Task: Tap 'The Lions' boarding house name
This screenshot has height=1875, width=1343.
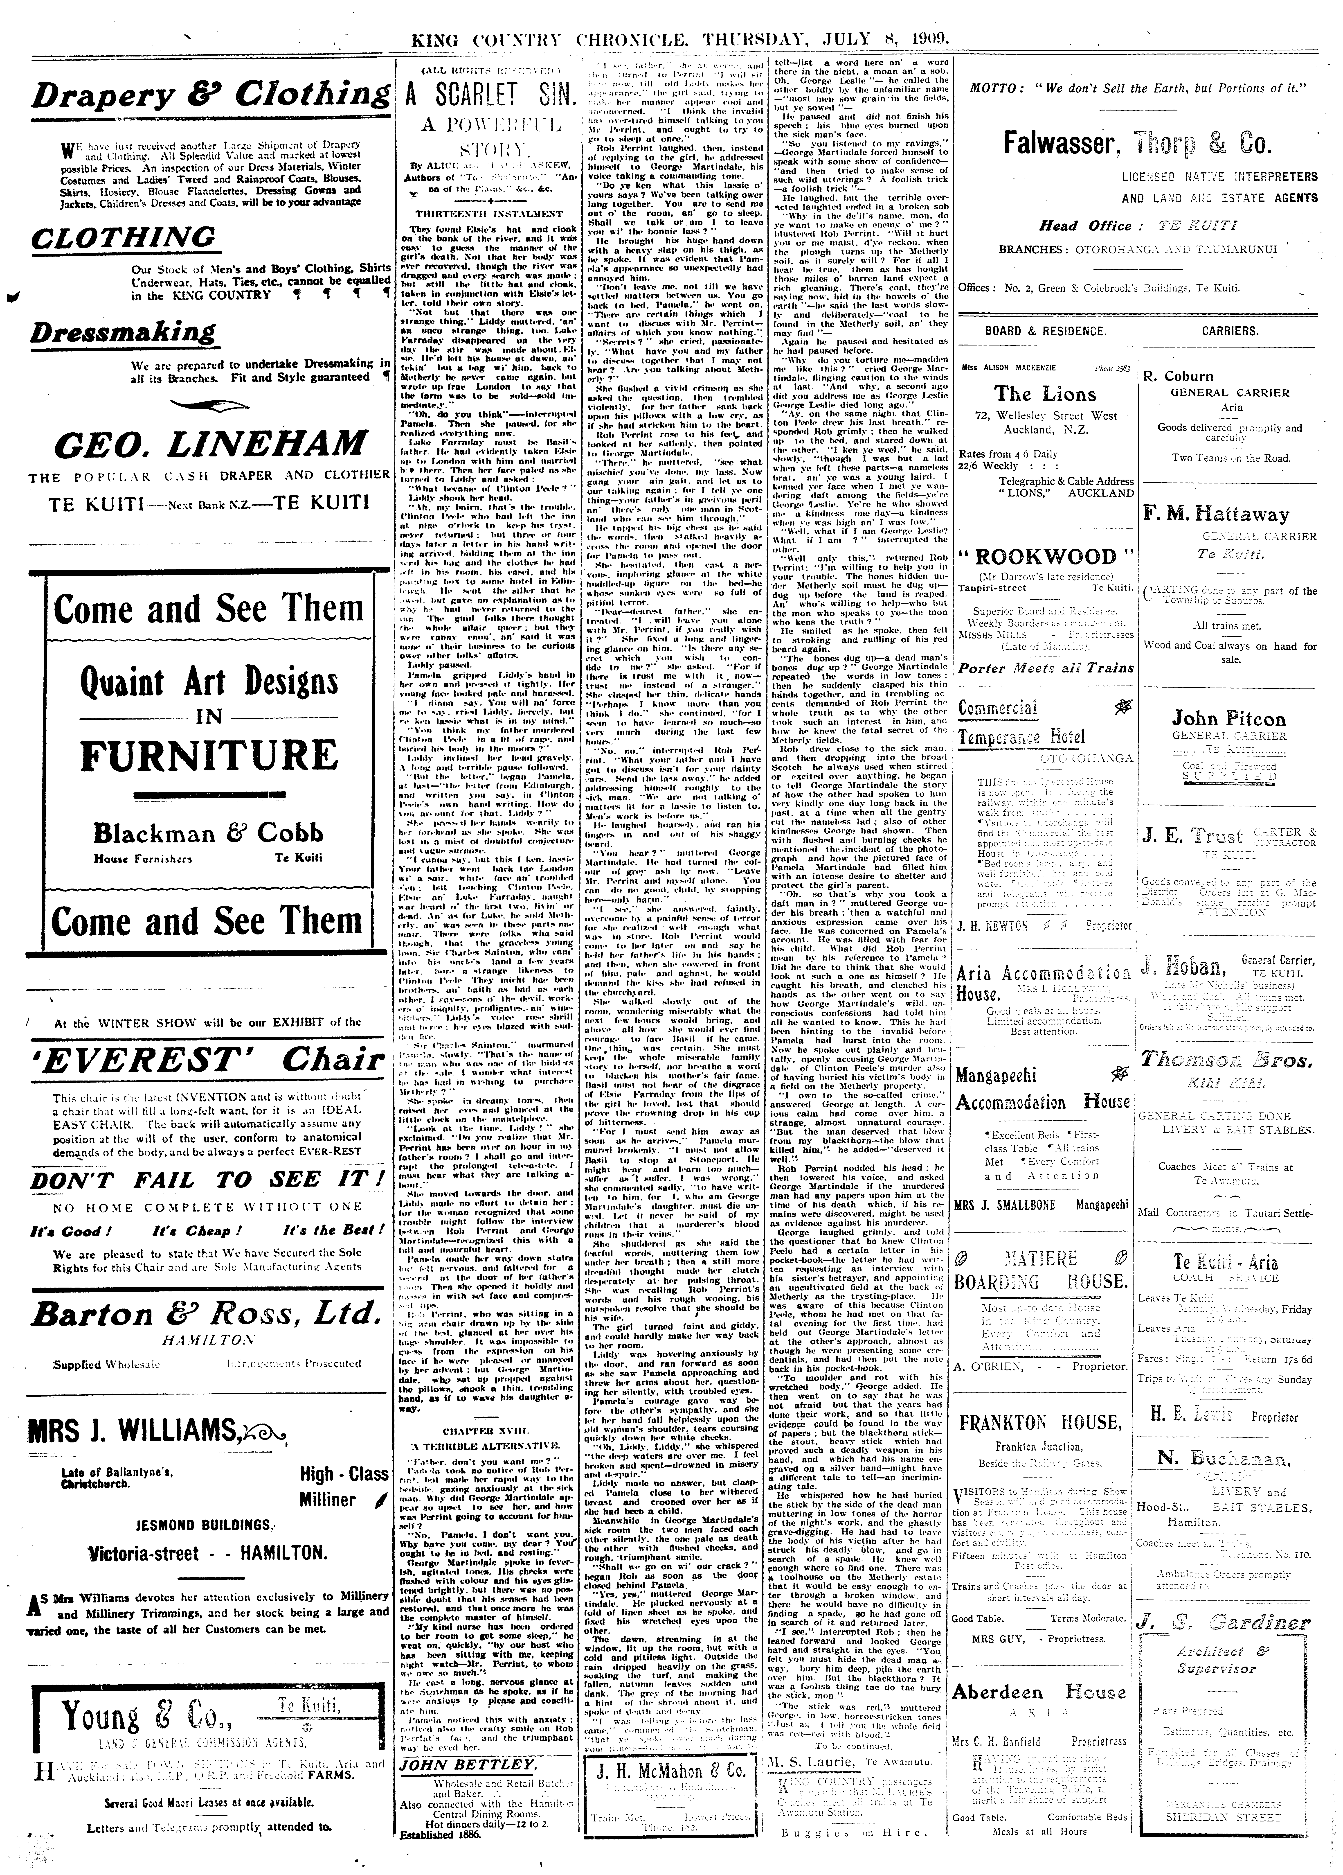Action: click(1036, 393)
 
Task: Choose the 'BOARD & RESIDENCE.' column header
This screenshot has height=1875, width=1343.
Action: click(1046, 331)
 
